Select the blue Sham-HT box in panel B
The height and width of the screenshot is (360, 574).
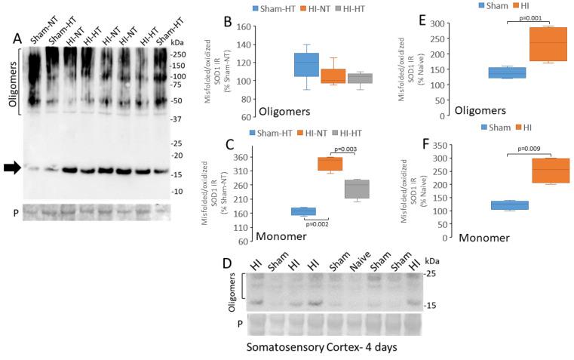(305, 64)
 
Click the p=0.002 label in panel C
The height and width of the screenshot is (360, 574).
(317, 224)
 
